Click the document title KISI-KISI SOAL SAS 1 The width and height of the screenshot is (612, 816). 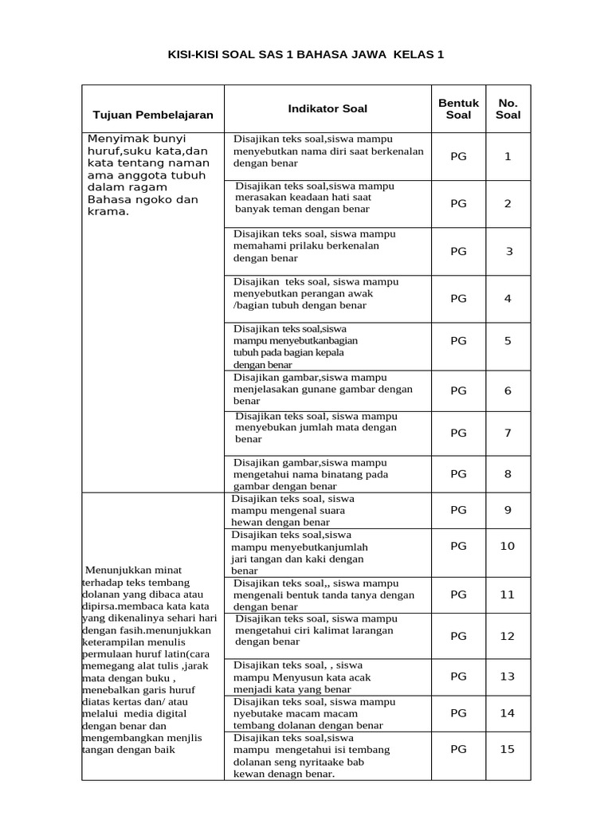click(305, 55)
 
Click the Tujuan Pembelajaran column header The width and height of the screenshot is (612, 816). click(153, 115)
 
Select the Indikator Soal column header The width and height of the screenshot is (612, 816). click(328, 108)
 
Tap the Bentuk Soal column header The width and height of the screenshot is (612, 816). click(458, 108)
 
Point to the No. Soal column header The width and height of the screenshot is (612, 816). click(508, 108)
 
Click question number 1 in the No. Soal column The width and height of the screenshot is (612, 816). click(508, 156)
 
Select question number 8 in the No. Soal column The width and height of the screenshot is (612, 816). click(508, 473)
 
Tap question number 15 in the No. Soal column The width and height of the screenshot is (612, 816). click(508, 749)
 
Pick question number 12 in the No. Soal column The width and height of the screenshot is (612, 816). click(508, 636)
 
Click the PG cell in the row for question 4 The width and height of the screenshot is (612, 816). click(458, 299)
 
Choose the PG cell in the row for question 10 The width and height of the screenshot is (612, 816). click(458, 546)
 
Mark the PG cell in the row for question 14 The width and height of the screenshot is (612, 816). click(458, 713)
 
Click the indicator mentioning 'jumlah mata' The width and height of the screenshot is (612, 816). click(316, 427)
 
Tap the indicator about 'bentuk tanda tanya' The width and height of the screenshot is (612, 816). click(324, 594)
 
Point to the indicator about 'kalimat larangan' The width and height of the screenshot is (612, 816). click(314, 630)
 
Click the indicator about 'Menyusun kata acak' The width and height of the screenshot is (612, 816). click(302, 677)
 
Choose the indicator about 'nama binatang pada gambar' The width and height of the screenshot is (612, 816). click(311, 474)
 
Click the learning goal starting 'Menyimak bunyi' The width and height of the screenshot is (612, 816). click(148, 175)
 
